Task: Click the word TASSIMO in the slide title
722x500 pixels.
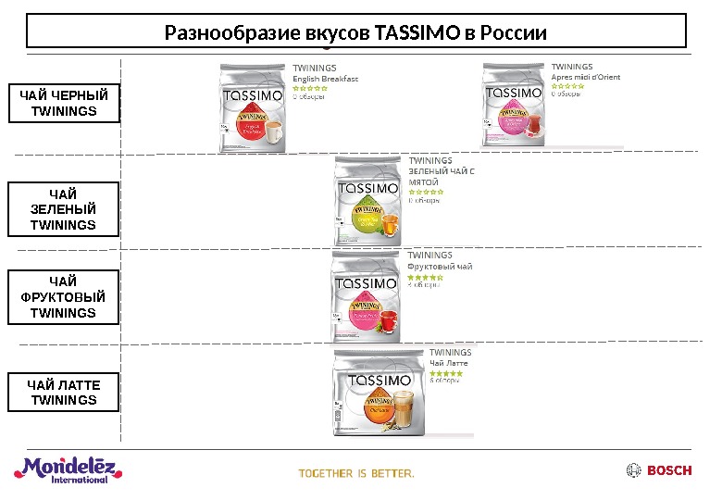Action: coord(417,34)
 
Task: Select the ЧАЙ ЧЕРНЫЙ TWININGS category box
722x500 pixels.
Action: coord(63,104)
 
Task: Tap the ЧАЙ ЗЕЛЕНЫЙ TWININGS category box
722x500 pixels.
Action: coord(63,209)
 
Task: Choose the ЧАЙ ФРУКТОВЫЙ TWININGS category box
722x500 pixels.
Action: coord(63,297)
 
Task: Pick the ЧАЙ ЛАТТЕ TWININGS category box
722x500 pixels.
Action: coord(63,392)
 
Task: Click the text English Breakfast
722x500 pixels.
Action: coord(325,79)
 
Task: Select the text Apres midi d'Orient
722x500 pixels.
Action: coord(586,78)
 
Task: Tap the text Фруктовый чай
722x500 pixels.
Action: coord(440,267)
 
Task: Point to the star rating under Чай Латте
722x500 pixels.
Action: coord(446,374)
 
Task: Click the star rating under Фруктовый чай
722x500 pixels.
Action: coord(425,277)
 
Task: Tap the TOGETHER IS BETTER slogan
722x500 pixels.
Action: coord(356,473)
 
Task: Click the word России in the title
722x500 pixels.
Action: coord(515,34)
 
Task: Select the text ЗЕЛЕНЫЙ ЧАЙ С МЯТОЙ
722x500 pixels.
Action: coord(441,177)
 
